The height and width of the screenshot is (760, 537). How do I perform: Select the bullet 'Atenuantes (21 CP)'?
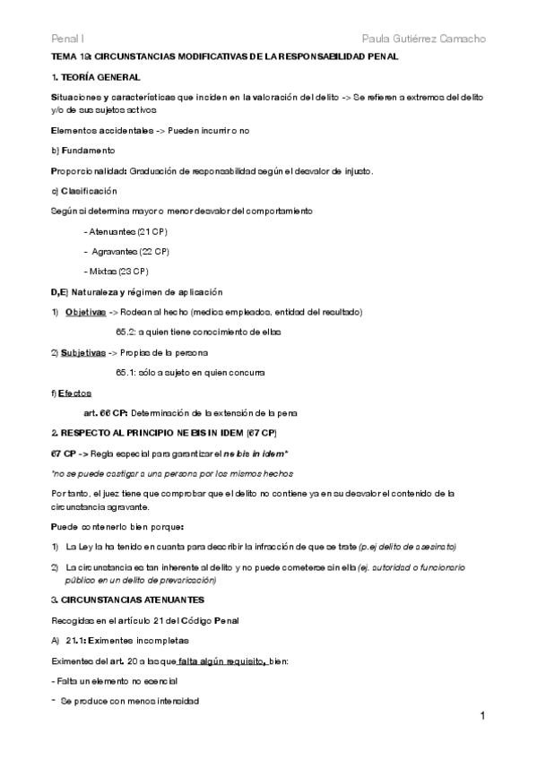(x=126, y=231)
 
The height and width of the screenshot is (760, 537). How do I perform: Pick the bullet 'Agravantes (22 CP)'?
(x=128, y=251)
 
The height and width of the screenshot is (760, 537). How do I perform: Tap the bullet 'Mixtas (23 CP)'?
(x=117, y=271)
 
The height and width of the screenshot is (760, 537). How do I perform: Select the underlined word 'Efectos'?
(x=74, y=393)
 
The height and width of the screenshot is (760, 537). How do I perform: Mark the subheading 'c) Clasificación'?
(x=84, y=191)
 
